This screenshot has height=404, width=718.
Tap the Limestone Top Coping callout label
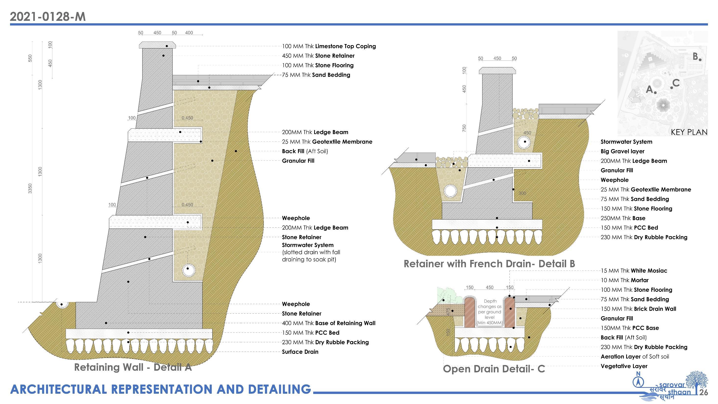329,46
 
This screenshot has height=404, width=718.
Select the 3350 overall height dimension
30,188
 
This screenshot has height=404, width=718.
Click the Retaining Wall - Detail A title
133,367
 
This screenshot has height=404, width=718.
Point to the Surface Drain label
300,352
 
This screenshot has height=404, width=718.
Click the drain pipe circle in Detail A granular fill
188,269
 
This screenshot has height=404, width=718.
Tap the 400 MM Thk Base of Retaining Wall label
329,323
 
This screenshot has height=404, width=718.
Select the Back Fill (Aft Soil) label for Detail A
305,151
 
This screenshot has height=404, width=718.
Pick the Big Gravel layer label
622,151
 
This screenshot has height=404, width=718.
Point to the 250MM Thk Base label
623,218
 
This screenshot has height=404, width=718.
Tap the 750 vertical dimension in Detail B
464,128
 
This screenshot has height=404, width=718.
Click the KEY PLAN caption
689,132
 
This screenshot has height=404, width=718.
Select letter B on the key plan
695,57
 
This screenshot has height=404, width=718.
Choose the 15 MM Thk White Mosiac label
634,271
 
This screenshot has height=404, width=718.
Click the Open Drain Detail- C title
494,369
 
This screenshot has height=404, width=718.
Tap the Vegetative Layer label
624,366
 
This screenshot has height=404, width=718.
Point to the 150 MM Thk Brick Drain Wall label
638,309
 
